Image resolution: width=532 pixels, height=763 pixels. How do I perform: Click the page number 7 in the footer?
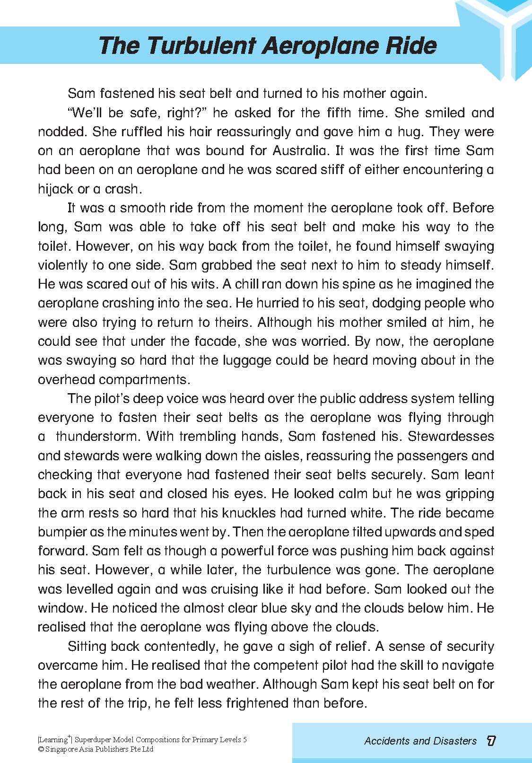click(x=491, y=741)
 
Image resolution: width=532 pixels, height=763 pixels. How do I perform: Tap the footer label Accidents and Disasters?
click(x=420, y=741)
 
